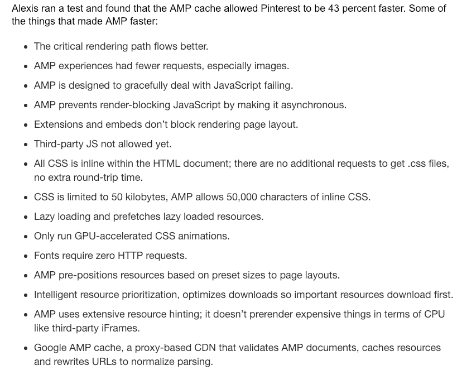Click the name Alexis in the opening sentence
coord(25,9)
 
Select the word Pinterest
coord(262,9)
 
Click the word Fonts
coord(47,256)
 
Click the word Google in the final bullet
coord(50,348)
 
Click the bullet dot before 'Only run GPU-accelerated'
coord(26,237)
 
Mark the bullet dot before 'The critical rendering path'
coord(26,47)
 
